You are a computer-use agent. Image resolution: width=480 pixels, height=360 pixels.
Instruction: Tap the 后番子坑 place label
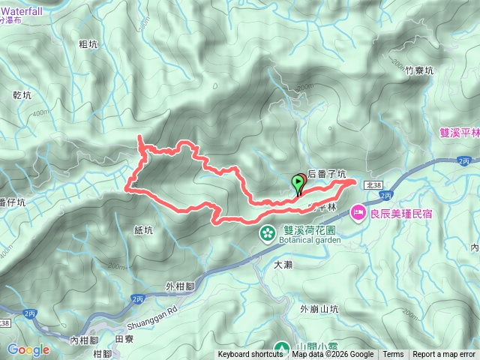(326, 174)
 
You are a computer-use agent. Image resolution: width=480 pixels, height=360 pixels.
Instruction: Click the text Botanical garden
(309, 241)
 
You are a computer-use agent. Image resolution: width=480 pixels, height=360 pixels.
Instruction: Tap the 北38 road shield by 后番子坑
(374, 183)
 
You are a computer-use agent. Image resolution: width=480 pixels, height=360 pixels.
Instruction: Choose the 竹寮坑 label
(419, 71)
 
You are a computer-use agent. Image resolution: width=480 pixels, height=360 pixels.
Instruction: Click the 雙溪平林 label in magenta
(459, 132)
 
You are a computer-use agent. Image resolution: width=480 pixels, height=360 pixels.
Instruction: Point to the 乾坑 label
(22, 95)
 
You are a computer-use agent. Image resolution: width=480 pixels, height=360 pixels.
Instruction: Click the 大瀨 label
(283, 264)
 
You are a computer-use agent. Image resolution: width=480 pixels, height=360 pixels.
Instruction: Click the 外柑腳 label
(180, 286)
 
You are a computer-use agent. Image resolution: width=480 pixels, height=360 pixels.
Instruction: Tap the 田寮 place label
(124, 339)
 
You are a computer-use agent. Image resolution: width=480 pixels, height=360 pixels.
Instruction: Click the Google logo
(28, 349)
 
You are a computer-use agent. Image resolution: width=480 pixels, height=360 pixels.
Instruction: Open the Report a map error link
(444, 355)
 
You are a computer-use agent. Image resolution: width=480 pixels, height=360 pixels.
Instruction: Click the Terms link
(393, 355)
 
